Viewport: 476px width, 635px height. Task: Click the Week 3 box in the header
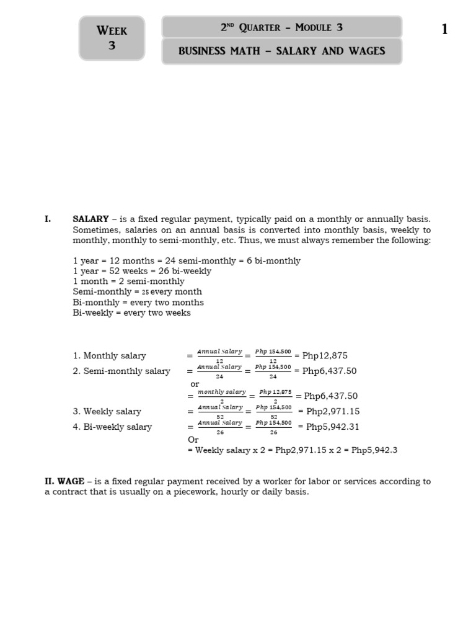pyautogui.click(x=112, y=38)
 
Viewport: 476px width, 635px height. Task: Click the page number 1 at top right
pyautogui.click(x=444, y=29)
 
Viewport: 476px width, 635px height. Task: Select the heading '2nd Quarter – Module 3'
pyautogui.click(x=281, y=27)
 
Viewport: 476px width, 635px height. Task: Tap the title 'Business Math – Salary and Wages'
pyautogui.click(x=281, y=51)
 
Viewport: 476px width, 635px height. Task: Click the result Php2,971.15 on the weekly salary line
pyautogui.click(x=333, y=411)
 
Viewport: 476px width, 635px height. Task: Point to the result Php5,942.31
pyautogui.click(x=333, y=427)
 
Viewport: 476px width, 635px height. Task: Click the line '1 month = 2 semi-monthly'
pyautogui.click(x=128, y=282)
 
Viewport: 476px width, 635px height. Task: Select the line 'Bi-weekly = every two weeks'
pyautogui.click(x=131, y=313)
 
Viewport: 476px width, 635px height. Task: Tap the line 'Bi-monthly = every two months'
pyautogui.click(x=138, y=303)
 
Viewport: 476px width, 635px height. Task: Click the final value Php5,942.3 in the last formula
pyautogui.click(x=374, y=450)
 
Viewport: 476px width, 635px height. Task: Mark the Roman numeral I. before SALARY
pyautogui.click(x=48, y=219)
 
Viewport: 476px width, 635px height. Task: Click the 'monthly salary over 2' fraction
pyautogui.click(x=221, y=395)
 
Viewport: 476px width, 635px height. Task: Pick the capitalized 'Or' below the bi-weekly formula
pyautogui.click(x=193, y=439)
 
